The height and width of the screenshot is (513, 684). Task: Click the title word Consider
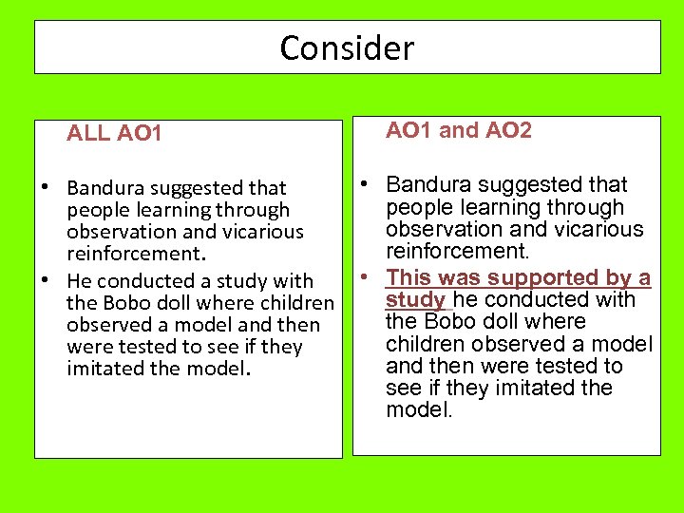[347, 47]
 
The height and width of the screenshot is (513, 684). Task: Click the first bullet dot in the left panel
[45, 187]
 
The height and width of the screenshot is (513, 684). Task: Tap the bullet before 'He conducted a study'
[45, 280]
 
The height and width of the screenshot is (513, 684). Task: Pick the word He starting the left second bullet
[80, 281]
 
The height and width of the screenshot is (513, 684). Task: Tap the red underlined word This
[408, 277]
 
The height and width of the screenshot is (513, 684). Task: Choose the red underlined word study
[415, 300]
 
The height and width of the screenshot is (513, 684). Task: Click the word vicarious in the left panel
[258, 232]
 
